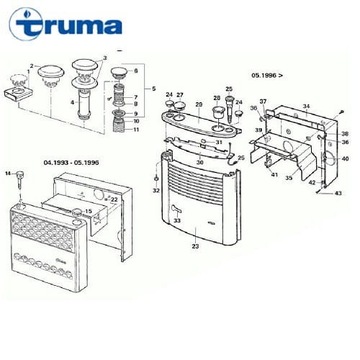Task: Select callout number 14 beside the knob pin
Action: click(7, 173)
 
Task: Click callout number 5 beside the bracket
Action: click(153, 89)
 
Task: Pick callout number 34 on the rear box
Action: click(307, 104)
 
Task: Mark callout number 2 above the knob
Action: click(32, 66)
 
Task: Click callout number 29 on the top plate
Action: click(198, 103)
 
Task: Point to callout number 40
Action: click(345, 158)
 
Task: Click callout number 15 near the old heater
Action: click(90, 211)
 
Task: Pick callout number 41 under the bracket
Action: click(273, 174)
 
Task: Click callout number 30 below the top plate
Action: click(200, 161)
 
